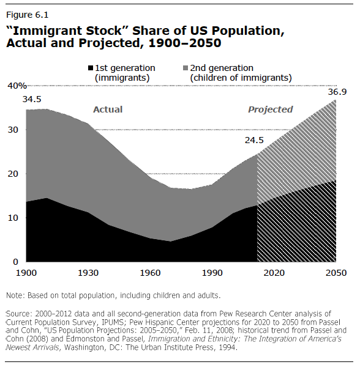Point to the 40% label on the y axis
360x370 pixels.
(16, 86)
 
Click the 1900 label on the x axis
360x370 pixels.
(27, 273)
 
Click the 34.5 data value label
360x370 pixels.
(32, 98)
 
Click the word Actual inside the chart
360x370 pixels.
(108, 109)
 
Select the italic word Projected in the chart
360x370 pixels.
(270, 109)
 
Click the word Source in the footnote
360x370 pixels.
(19, 313)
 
